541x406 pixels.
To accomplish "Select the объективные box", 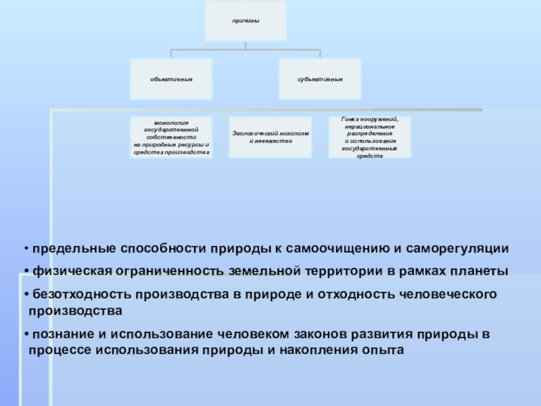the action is point(172,80).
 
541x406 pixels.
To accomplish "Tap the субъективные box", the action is point(319,80).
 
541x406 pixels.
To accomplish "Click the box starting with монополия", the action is point(172,137).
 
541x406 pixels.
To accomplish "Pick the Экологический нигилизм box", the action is point(270,137).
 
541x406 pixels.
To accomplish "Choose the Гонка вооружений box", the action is point(369,137).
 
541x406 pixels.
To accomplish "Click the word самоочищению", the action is point(329,248).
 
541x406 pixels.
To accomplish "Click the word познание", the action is point(61,334).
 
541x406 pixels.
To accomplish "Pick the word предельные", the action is point(70,248).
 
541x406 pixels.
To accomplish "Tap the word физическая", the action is point(67,271).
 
